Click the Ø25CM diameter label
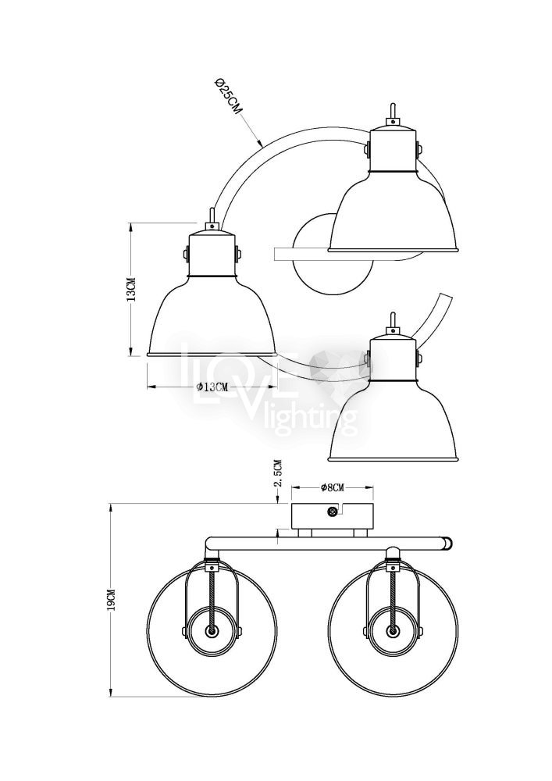(x=227, y=97)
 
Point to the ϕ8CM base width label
(x=332, y=487)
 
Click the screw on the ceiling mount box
(x=330, y=512)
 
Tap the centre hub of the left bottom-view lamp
(x=212, y=631)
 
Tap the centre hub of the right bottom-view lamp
(x=393, y=631)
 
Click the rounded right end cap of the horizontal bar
(x=450, y=543)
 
